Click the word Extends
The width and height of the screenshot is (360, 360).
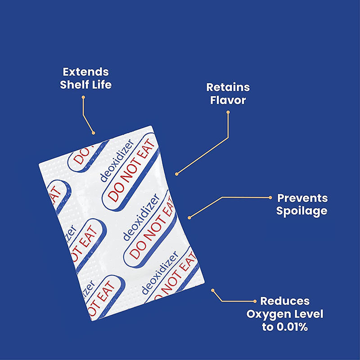click(x=85, y=72)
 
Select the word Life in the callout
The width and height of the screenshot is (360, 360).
click(x=100, y=85)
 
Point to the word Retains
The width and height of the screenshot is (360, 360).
click(x=228, y=87)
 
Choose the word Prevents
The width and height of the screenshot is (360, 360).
click(x=302, y=198)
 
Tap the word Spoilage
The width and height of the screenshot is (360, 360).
click(x=302, y=211)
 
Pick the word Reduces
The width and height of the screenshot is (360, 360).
click(x=284, y=301)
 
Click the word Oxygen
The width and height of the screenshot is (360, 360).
click(x=268, y=314)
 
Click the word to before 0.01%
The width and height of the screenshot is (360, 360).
click(x=267, y=327)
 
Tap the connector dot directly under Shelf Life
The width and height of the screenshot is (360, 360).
click(x=84, y=96)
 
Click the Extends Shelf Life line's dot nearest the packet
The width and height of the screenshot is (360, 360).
click(x=93, y=133)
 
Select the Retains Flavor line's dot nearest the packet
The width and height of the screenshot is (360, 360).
click(x=177, y=173)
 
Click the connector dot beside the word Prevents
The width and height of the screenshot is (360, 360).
click(x=270, y=198)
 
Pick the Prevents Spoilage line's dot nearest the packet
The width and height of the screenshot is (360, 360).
click(x=189, y=218)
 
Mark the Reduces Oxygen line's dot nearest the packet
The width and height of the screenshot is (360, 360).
click(x=213, y=290)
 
